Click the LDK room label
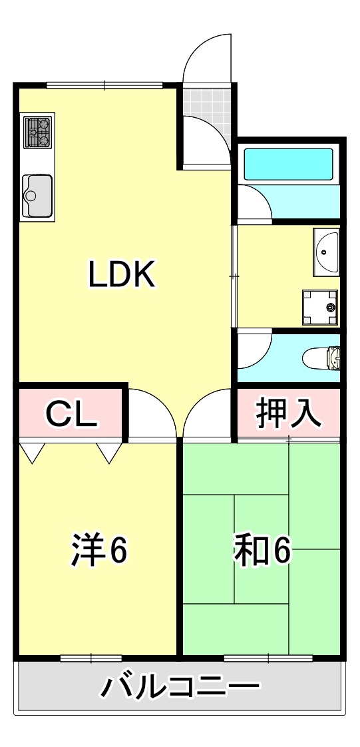(122, 274)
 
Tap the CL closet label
(72, 415)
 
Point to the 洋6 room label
(99, 550)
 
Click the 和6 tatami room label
(262, 550)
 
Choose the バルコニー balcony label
(180, 686)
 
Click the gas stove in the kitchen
(38, 132)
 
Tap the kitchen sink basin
(37, 195)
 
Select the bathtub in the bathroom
(288, 164)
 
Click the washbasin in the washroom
(326, 252)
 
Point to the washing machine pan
(320, 306)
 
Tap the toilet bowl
(321, 359)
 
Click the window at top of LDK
(104, 85)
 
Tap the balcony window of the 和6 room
(268, 658)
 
